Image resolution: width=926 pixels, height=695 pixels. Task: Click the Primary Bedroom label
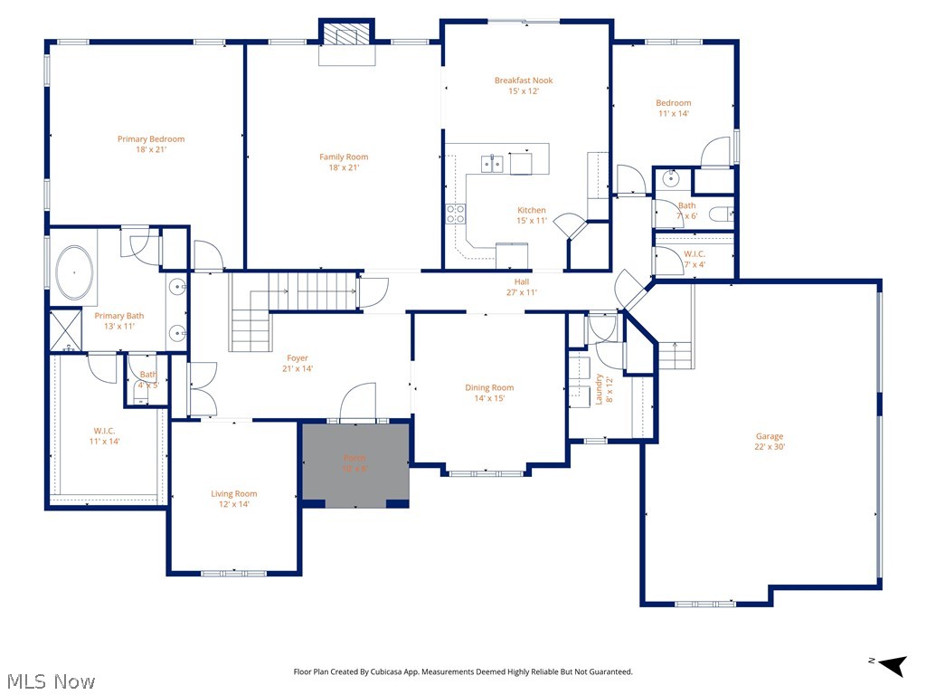150,139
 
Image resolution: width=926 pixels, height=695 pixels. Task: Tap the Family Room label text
344,157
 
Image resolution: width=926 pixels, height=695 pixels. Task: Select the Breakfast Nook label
523,81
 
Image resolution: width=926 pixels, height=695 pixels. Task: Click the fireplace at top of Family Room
345,36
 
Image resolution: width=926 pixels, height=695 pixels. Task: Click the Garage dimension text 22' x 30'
770,446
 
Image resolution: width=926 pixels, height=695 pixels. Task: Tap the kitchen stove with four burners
455,214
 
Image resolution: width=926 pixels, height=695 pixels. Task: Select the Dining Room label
489,388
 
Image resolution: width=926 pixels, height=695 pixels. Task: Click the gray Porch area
355,463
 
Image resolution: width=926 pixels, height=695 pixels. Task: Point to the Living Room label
234,494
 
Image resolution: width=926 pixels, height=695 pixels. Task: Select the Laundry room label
599,389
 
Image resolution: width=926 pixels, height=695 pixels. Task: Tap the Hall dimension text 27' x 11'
522,292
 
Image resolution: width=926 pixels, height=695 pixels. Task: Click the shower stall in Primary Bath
65,329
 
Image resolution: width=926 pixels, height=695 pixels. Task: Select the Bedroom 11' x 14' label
673,103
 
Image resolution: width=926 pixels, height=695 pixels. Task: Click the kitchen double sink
492,164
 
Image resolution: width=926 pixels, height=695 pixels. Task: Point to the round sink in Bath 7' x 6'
670,178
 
